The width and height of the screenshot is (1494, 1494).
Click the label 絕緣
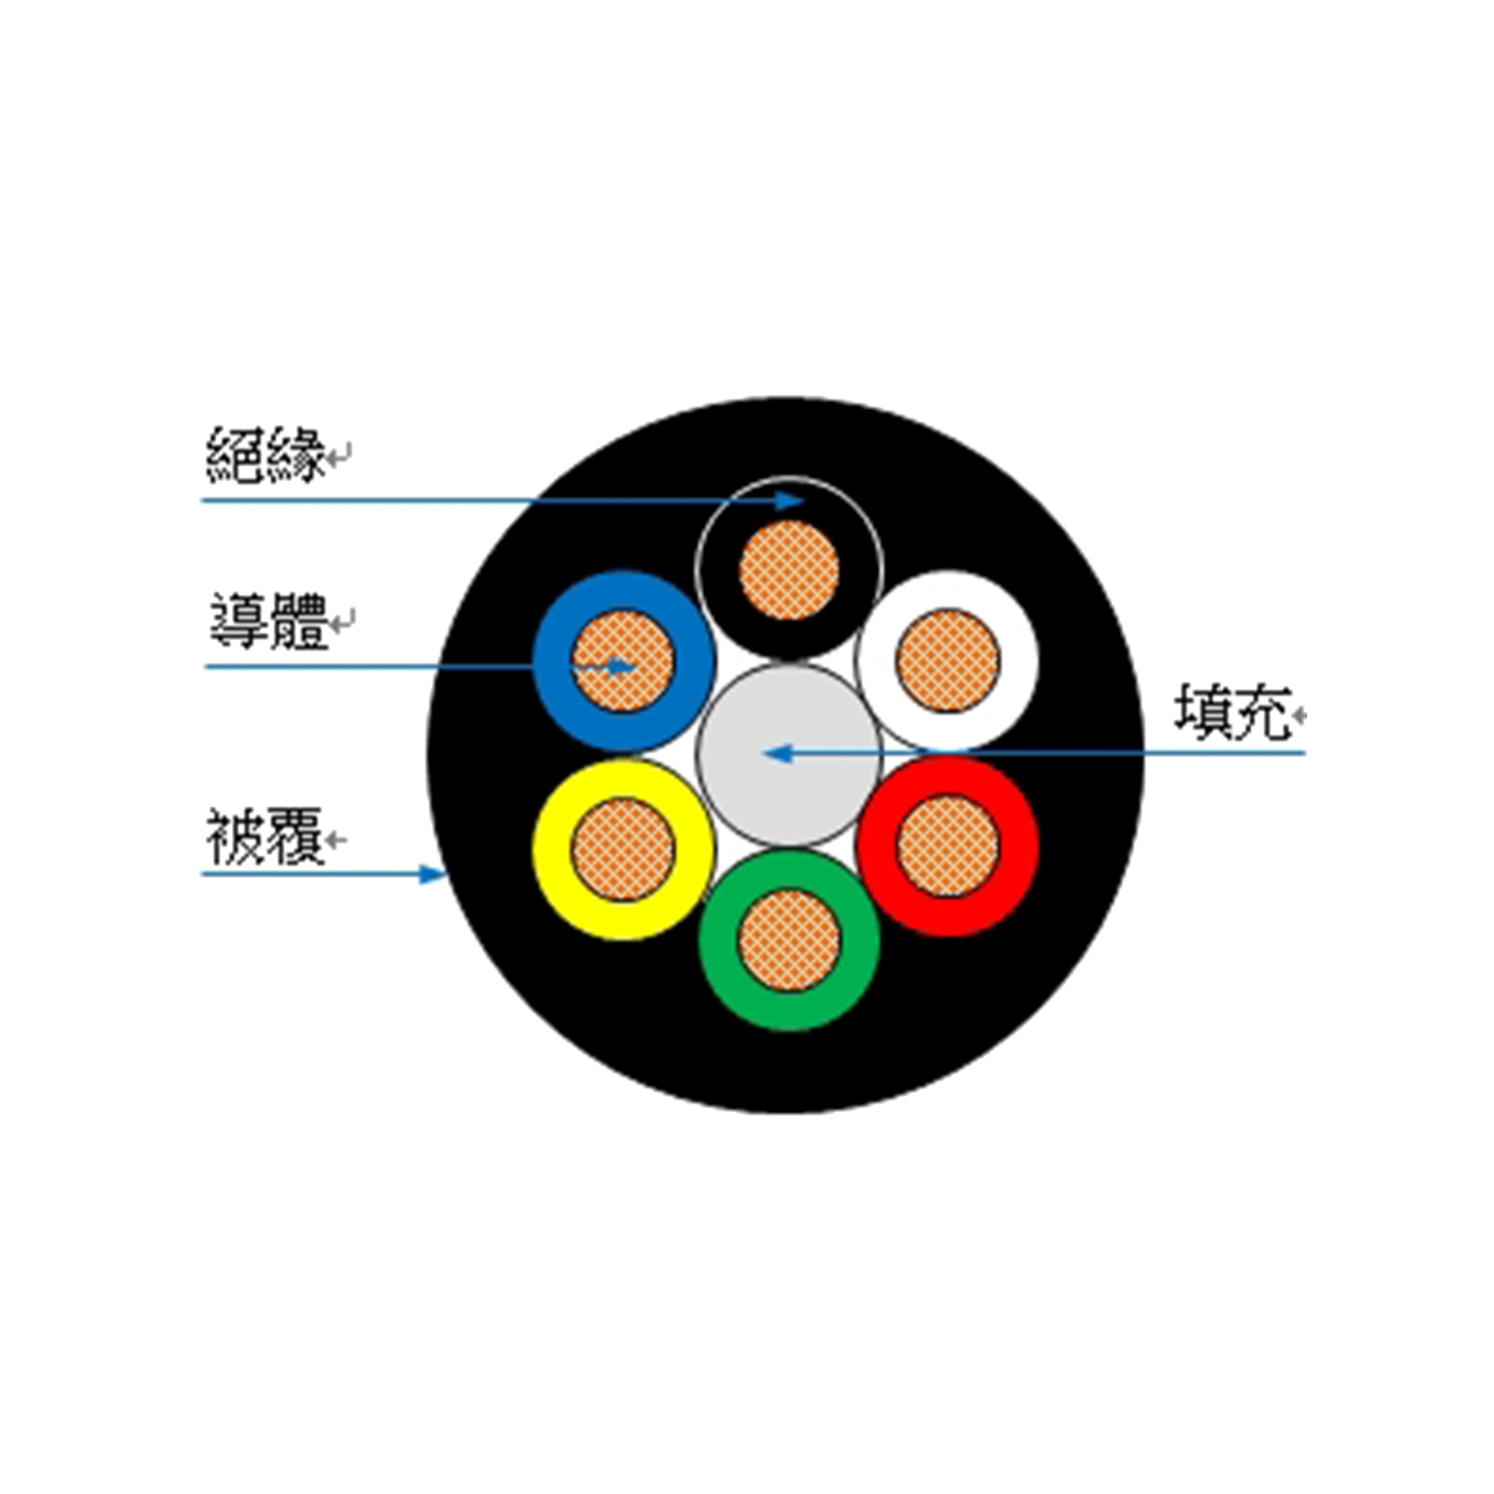point(265,455)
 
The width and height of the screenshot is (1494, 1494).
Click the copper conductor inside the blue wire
point(622,661)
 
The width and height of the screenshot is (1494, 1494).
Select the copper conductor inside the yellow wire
point(622,850)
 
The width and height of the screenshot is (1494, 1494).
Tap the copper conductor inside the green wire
point(789,940)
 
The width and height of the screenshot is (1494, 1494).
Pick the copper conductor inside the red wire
point(948,847)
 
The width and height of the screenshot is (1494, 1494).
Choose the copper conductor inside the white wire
point(948,660)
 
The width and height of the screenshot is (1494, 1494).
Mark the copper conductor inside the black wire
point(789,570)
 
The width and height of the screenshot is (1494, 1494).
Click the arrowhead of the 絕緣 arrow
point(791,500)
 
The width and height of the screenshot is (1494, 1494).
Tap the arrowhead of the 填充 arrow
point(778,753)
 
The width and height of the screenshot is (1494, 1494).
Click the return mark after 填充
point(1299,714)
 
